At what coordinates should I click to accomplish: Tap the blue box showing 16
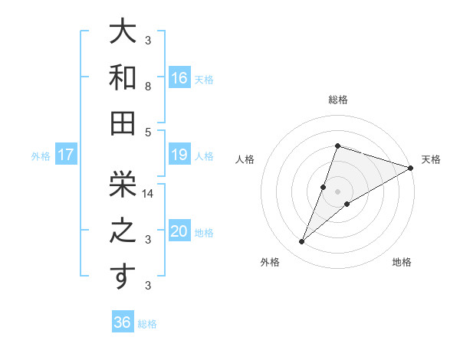pos(179,77)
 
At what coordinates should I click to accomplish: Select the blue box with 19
pos(179,155)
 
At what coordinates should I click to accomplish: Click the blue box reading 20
pos(179,232)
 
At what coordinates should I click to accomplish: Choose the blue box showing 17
pos(66,155)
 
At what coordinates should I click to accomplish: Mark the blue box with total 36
pos(123,322)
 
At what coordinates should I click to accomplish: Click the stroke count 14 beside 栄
pos(149,195)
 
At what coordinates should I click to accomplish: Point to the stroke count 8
pos(148,87)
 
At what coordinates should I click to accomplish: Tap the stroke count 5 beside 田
pos(148,132)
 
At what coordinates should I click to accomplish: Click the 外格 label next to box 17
pos(41,156)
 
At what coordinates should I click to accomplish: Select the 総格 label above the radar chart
pos(338,100)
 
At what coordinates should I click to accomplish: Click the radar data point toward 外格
pos(302,242)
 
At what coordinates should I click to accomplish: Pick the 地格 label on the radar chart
pos(402,263)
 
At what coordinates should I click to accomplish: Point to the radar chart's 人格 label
pos(245,159)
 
